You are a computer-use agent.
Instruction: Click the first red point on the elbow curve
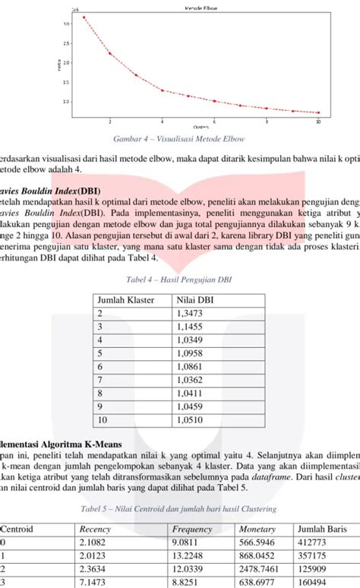pyautogui.click(x=84, y=17)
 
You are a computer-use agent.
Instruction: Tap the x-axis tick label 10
pyautogui.click(x=318, y=121)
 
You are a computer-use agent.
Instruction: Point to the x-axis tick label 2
pyautogui.click(x=110, y=121)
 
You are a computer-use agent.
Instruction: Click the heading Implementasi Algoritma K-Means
pyautogui.click(x=53, y=441)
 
